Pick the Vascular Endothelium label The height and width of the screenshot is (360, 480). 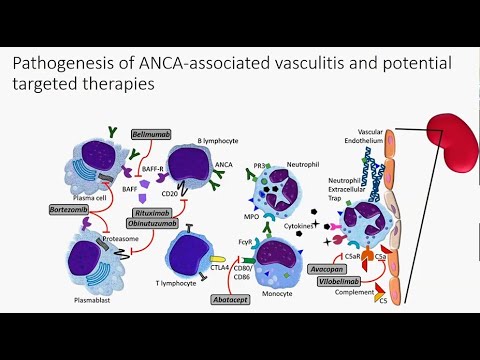point(377,140)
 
